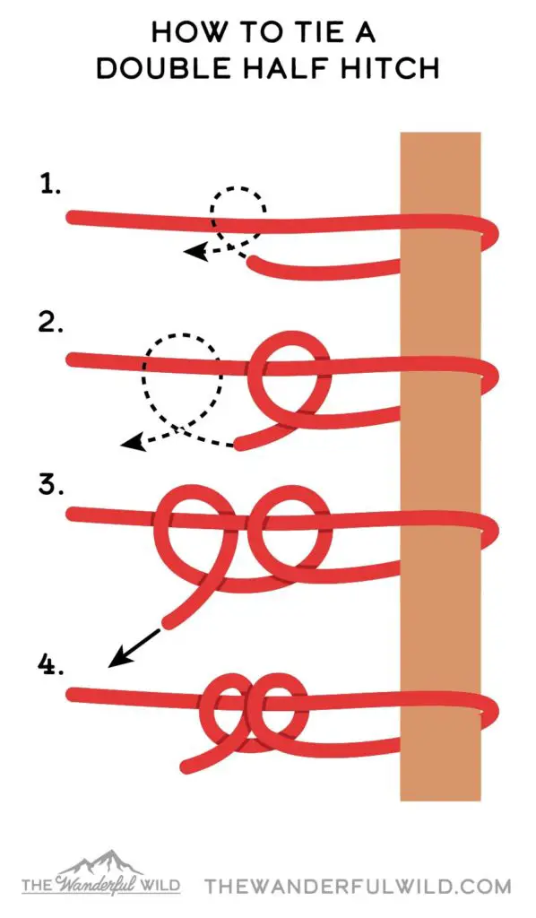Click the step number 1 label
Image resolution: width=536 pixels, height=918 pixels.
click(x=49, y=185)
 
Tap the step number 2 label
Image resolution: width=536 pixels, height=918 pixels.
click(x=50, y=322)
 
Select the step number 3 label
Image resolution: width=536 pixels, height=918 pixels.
click(x=50, y=484)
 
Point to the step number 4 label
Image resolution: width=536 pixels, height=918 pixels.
click(x=50, y=664)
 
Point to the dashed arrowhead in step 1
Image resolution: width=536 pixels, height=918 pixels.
click(x=195, y=252)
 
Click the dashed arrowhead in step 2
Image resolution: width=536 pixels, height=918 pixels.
click(x=133, y=443)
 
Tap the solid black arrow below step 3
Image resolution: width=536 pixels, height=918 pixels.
click(x=134, y=647)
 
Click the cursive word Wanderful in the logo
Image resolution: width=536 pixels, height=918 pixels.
click(x=100, y=884)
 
